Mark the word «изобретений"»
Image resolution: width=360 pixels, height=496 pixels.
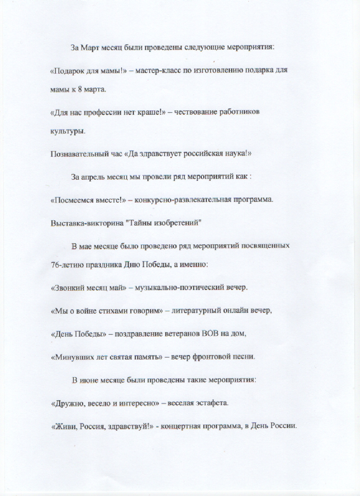pyautogui.click(x=179, y=223)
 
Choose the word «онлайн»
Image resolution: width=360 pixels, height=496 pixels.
pyautogui.click(x=241, y=311)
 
